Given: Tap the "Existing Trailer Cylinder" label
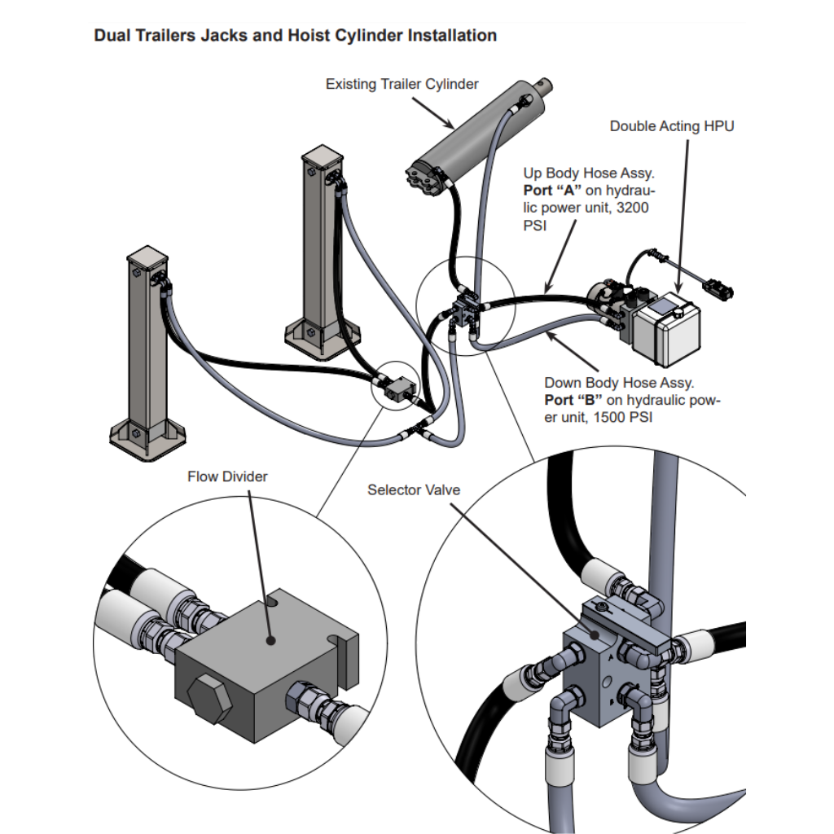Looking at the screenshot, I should [x=402, y=84].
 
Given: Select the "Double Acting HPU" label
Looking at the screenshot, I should [x=672, y=126].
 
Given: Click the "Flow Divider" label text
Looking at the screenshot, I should [x=227, y=476].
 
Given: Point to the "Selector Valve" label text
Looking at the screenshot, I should [x=414, y=489].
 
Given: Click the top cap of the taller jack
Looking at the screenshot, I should [x=323, y=156].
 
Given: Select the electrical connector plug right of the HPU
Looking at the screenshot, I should [x=717, y=288].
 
